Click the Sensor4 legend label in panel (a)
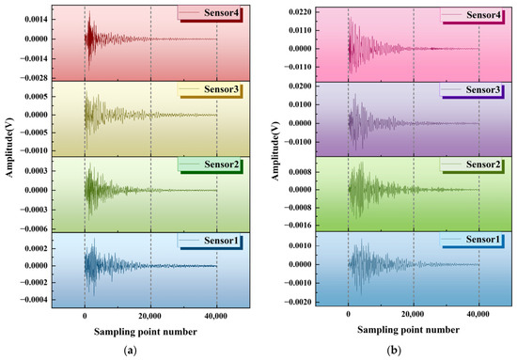221,13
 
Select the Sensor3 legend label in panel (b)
483,89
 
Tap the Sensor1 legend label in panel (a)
221,241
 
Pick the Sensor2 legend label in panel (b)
483,164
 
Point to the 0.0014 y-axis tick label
36,20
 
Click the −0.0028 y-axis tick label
34,78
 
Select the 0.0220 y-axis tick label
300,12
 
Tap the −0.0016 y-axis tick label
298,226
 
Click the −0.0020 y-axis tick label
298,302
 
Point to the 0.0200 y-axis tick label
300,86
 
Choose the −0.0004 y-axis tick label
34,300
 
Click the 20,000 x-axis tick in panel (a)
150,316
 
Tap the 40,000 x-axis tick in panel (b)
478,314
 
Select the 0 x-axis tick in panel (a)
85,316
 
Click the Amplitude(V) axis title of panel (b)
275,151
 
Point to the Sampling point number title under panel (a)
146,331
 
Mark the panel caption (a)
130,351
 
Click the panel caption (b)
394,350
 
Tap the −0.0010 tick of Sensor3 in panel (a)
34,150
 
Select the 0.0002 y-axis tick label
36,248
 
